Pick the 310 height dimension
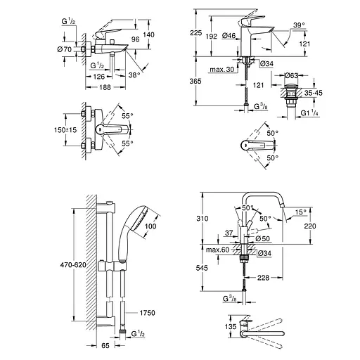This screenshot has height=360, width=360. (x=202, y=219)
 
